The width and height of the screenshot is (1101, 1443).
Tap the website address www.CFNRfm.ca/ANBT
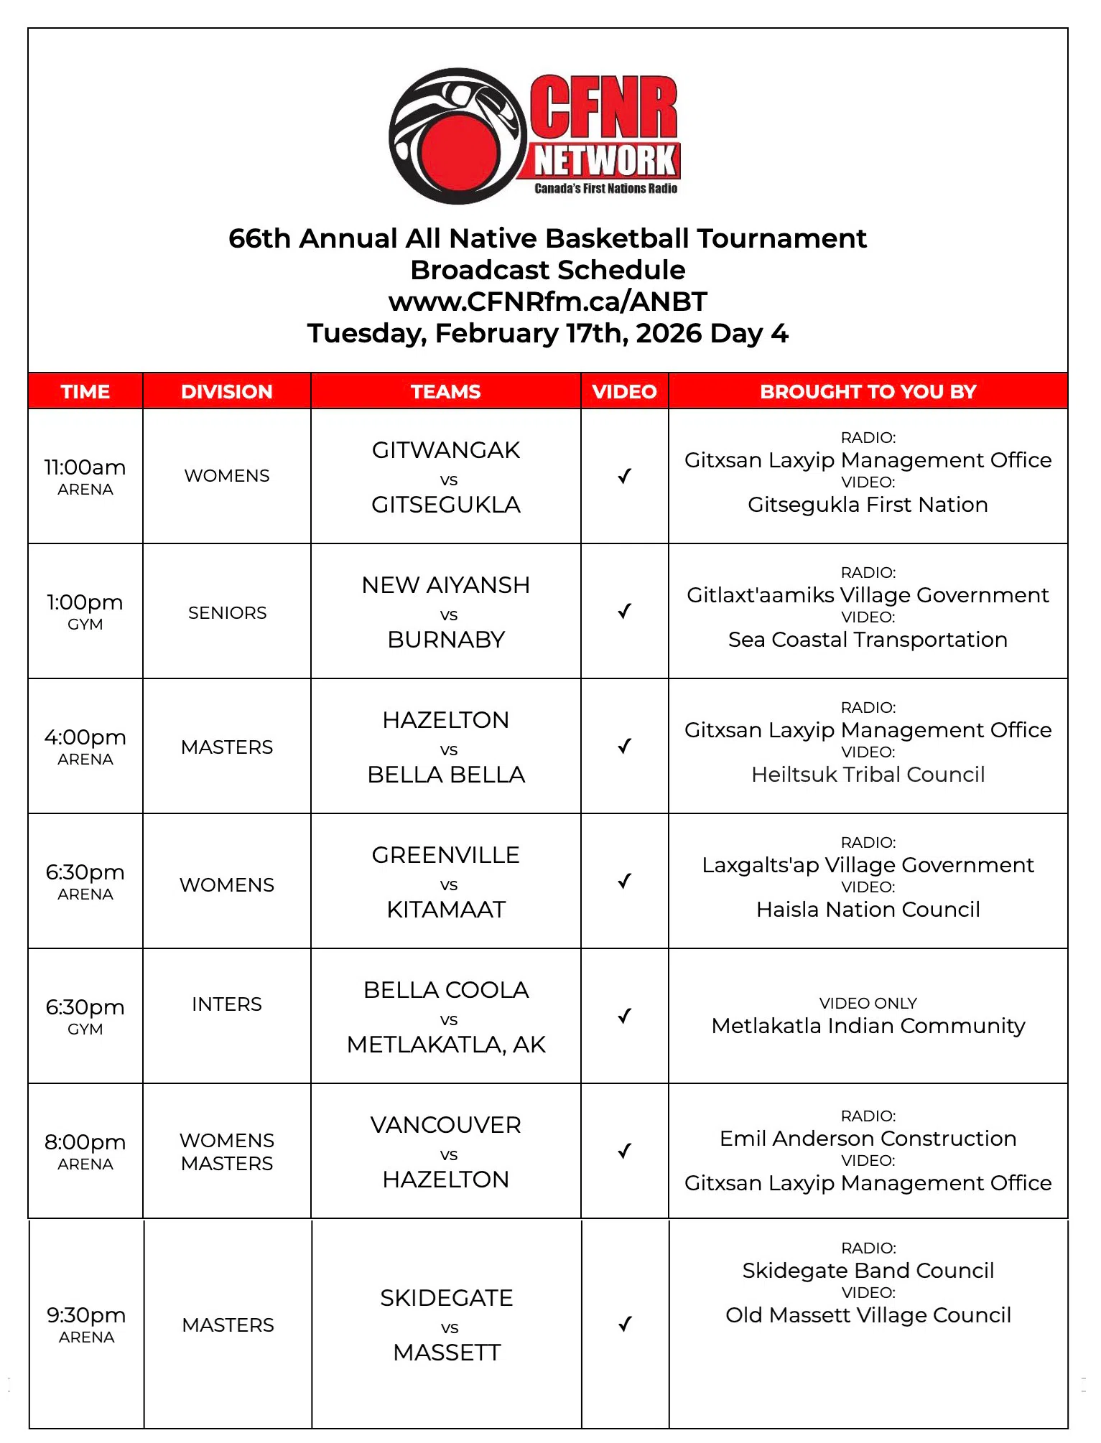[x=548, y=302]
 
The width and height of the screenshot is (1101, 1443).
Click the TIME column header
[x=85, y=391]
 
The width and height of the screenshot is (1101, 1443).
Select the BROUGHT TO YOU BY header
[x=868, y=391]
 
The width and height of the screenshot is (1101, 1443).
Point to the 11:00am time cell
[x=85, y=475]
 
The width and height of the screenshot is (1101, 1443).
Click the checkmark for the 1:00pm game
[x=625, y=611]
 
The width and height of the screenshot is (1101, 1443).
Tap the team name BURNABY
[x=446, y=640]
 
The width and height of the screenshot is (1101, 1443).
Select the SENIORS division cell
[x=227, y=612]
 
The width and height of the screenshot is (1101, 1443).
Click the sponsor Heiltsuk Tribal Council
[x=868, y=775]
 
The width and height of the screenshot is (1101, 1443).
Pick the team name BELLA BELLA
[x=446, y=775]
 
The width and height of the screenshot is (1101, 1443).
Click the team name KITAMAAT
[x=446, y=910]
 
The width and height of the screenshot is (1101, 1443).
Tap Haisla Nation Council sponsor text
[x=868, y=910]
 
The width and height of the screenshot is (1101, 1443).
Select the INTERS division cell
[x=227, y=1004]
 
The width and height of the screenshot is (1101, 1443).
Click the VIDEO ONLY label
[x=868, y=1003]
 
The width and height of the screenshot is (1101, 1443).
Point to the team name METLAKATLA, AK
[x=446, y=1045]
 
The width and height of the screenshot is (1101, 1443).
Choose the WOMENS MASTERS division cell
[x=227, y=1152]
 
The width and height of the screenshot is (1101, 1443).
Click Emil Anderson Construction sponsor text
[x=868, y=1139]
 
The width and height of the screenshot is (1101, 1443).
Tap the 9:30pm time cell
[x=86, y=1323]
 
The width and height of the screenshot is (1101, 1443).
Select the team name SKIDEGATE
[x=446, y=1298]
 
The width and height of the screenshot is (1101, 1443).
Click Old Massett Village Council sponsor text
[x=868, y=1315]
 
